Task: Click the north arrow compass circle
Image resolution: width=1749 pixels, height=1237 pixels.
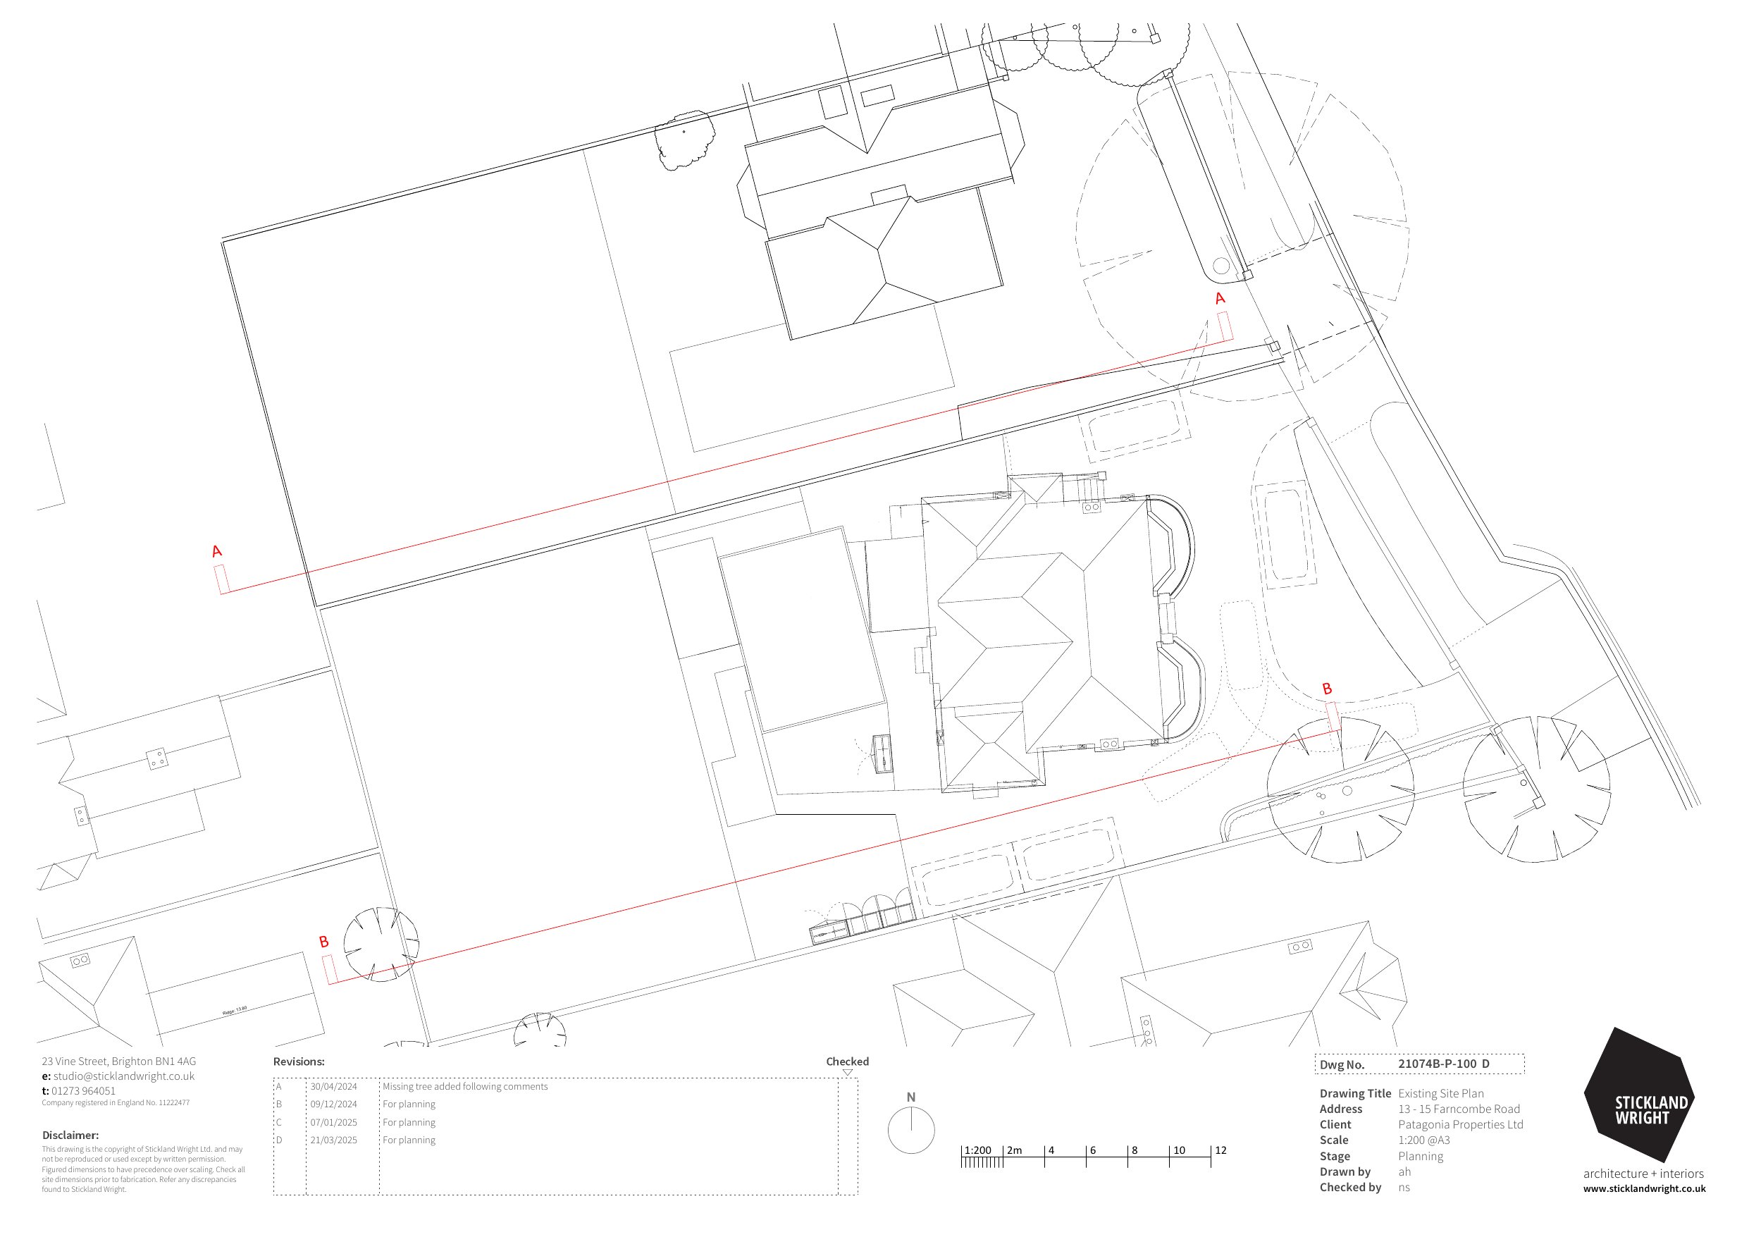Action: pyautogui.click(x=911, y=1131)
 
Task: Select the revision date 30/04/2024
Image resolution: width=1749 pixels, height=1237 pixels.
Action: pyautogui.click(x=333, y=1087)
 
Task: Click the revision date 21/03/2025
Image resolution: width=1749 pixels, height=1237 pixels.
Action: pyautogui.click(x=333, y=1140)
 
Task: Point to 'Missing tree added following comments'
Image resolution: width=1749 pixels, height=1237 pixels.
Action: pyautogui.click(x=464, y=1087)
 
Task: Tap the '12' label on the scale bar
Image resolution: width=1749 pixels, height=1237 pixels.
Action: pyautogui.click(x=1220, y=1150)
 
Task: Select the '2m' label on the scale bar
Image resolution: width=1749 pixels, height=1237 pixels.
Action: pyautogui.click(x=1015, y=1150)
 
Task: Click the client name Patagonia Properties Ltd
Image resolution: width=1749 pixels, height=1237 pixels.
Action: pyautogui.click(x=1460, y=1125)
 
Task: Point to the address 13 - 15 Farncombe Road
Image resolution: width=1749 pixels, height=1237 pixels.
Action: pyautogui.click(x=1459, y=1109)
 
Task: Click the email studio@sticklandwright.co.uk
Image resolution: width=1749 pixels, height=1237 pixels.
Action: pyautogui.click(x=123, y=1076)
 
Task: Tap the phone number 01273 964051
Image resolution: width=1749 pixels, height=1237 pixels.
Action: pyautogui.click(x=83, y=1090)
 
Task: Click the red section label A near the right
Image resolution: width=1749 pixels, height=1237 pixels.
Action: pyautogui.click(x=1220, y=298)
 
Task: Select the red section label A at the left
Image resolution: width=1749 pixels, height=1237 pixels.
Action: pyautogui.click(x=217, y=551)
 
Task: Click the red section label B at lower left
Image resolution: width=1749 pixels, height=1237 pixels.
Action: pyautogui.click(x=323, y=942)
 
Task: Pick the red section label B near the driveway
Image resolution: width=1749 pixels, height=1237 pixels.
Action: pyautogui.click(x=1327, y=689)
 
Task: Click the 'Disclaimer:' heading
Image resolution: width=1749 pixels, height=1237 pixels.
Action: pyautogui.click(x=70, y=1135)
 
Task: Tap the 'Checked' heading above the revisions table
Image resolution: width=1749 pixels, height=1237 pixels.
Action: pyautogui.click(x=847, y=1061)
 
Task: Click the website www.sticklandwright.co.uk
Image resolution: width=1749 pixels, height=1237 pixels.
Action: pyautogui.click(x=1644, y=1189)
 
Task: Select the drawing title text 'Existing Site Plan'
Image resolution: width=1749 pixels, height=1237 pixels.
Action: pyautogui.click(x=1440, y=1094)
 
